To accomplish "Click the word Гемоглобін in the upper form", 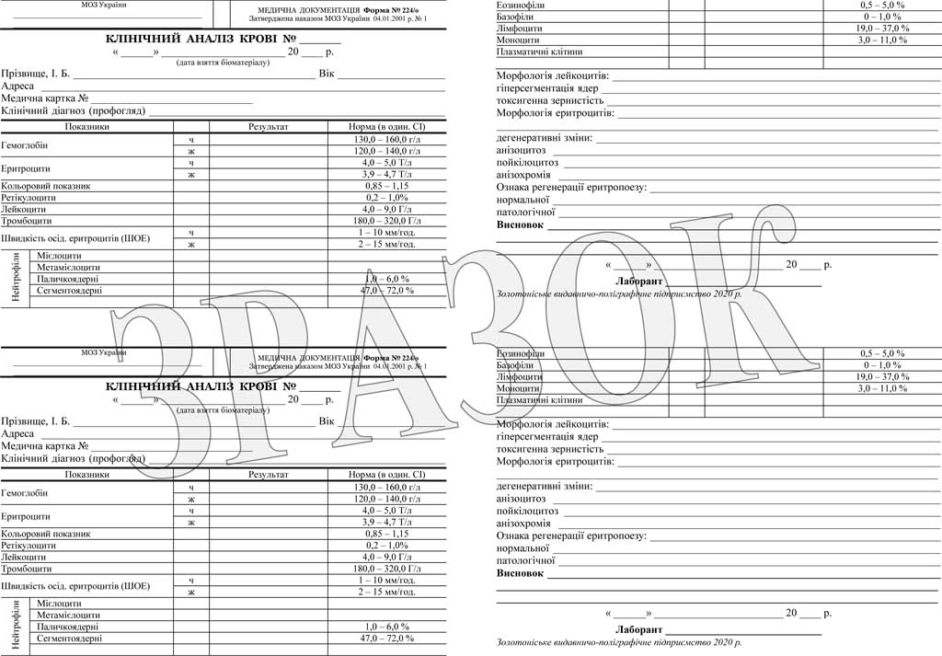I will point(25,145).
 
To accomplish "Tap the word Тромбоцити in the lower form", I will point(27,568).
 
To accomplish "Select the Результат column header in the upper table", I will point(269,127).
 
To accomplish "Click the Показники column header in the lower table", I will point(87,475).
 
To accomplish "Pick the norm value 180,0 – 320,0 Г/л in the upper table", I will point(386,221).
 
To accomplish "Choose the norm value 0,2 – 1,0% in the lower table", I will point(386,546).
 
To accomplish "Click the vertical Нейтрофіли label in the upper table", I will point(15,273).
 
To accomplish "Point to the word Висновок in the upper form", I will point(520,225).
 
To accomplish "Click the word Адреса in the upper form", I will point(17,86).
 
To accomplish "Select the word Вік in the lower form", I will point(327,421).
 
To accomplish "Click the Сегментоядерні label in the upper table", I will point(70,291).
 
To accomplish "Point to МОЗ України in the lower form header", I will point(104,352).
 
